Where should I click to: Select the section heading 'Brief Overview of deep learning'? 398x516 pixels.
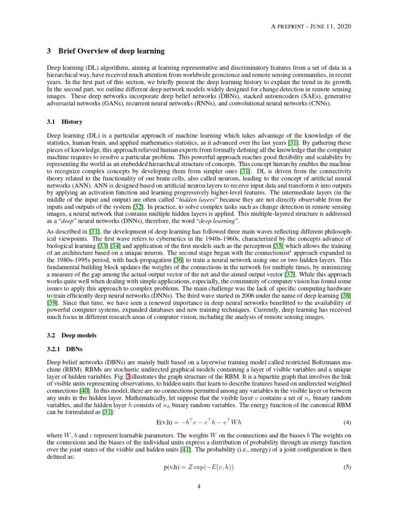coord(111,51)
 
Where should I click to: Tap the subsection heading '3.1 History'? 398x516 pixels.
coord(65,121)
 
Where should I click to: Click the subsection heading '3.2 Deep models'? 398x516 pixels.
coord(72,336)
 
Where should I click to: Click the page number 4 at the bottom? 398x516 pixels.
coord(198,487)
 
